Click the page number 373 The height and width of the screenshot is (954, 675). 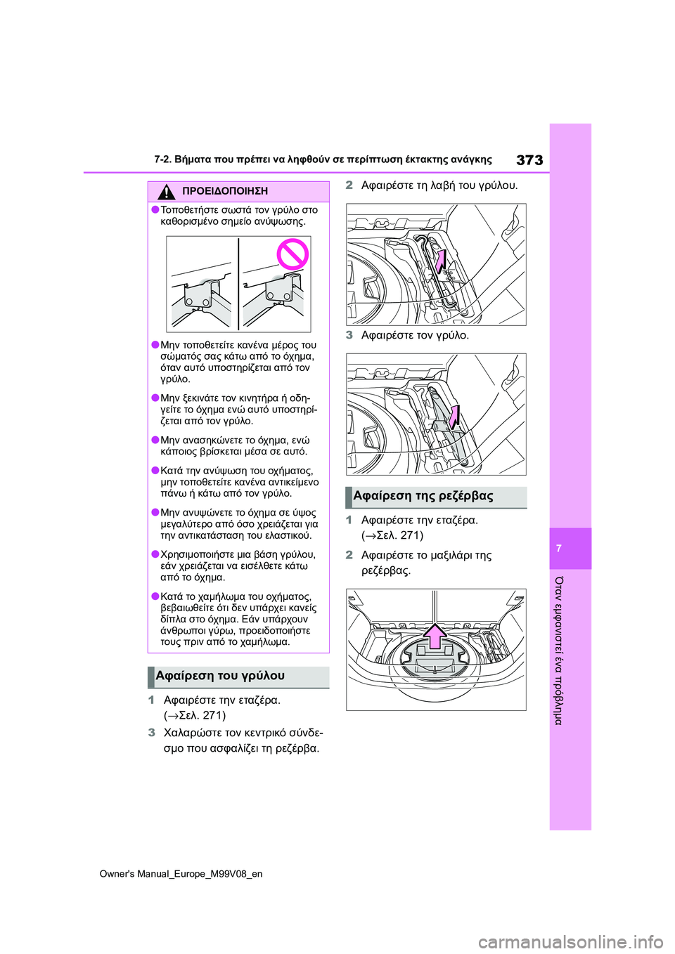529,160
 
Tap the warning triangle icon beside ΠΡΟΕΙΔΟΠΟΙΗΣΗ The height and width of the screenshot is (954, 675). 167,191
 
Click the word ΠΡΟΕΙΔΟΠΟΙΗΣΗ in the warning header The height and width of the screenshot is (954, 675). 224,191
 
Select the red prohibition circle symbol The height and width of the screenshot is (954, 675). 292,254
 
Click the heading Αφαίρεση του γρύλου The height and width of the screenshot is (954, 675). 220,676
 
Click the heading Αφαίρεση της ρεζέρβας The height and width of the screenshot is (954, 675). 423,496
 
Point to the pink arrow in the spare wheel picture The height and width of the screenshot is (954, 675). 435,636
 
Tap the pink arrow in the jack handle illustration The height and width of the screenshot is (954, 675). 439,261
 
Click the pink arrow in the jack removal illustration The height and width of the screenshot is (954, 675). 454,417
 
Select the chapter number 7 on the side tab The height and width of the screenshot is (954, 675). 559,549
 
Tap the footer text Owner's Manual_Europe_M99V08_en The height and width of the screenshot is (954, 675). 181,874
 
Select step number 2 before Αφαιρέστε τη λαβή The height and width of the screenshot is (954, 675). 349,185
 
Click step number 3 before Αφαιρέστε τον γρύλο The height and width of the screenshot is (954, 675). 349,335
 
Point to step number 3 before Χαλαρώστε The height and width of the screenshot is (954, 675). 152,733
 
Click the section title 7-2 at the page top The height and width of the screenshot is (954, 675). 323,159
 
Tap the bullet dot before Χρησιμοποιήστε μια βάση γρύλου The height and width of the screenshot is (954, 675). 155,554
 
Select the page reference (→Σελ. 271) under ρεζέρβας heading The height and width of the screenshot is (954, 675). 392,535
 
